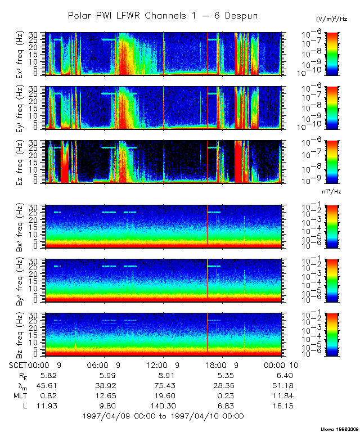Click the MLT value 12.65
point(106,395)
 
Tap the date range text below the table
point(163,416)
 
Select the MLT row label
point(18,395)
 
